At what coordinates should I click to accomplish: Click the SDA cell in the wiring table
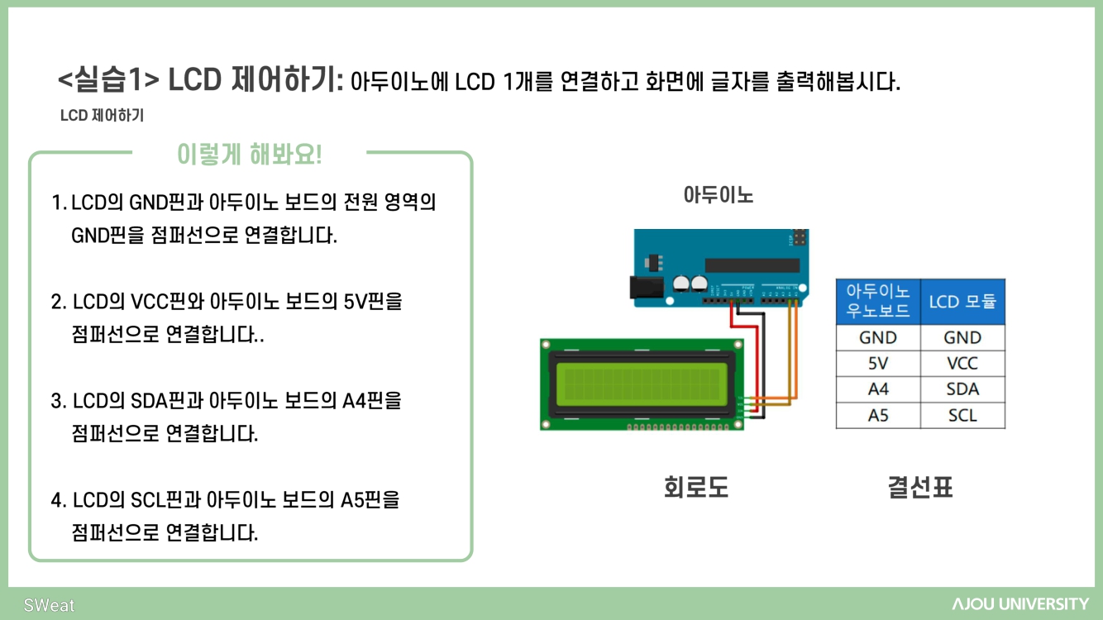click(x=962, y=389)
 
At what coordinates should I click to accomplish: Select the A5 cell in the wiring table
click(x=878, y=415)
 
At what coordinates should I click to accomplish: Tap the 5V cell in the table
click(x=878, y=363)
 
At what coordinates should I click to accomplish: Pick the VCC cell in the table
click(x=962, y=363)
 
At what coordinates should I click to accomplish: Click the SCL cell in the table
click(x=962, y=415)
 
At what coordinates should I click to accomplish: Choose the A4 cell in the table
click(x=878, y=389)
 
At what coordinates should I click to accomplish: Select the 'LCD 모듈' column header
click(x=962, y=302)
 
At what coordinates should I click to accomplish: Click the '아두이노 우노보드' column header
click(x=878, y=302)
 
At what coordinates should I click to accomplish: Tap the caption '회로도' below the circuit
click(x=696, y=488)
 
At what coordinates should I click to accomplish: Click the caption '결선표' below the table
click(x=920, y=488)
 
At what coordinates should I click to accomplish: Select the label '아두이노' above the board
click(x=719, y=195)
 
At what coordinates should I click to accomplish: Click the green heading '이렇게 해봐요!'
click(x=249, y=154)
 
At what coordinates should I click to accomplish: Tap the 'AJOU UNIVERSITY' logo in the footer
click(x=1020, y=604)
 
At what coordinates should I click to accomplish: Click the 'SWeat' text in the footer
click(x=49, y=605)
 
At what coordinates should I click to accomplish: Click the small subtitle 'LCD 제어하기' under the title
click(x=102, y=116)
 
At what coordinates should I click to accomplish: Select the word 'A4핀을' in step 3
click(x=372, y=401)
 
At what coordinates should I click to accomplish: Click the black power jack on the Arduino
click(x=647, y=286)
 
